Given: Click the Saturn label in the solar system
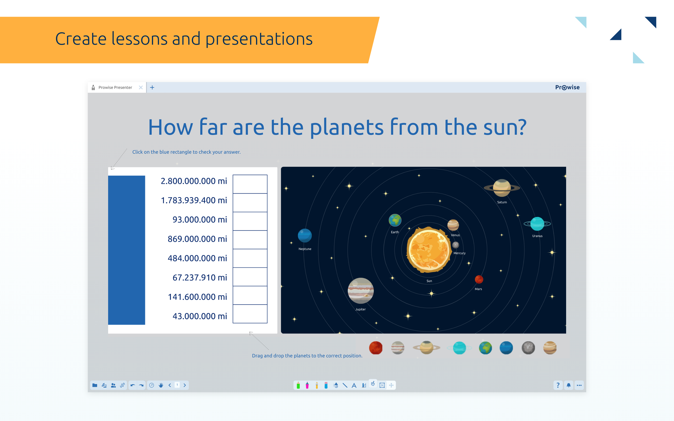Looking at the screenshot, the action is [502, 202].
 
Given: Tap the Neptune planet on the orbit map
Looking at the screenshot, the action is [305, 236].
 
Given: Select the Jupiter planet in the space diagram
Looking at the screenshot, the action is [361, 291].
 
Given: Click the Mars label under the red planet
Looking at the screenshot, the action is [478, 289].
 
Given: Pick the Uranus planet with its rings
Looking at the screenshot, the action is [537, 224].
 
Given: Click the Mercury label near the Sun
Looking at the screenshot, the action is [459, 253].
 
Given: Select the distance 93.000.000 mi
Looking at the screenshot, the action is [200, 219].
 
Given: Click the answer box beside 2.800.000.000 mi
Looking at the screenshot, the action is [250, 184].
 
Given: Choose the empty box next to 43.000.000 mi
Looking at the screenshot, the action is [250, 314].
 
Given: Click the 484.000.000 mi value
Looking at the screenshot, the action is [197, 258].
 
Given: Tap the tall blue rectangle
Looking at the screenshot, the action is [126, 250].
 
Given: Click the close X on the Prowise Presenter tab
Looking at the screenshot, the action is [141, 87].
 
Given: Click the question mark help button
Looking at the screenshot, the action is [558, 385].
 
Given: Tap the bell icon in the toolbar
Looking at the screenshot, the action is [568, 385].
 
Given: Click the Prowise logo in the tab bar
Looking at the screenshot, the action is [567, 87].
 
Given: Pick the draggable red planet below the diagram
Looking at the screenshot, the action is [376, 348].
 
